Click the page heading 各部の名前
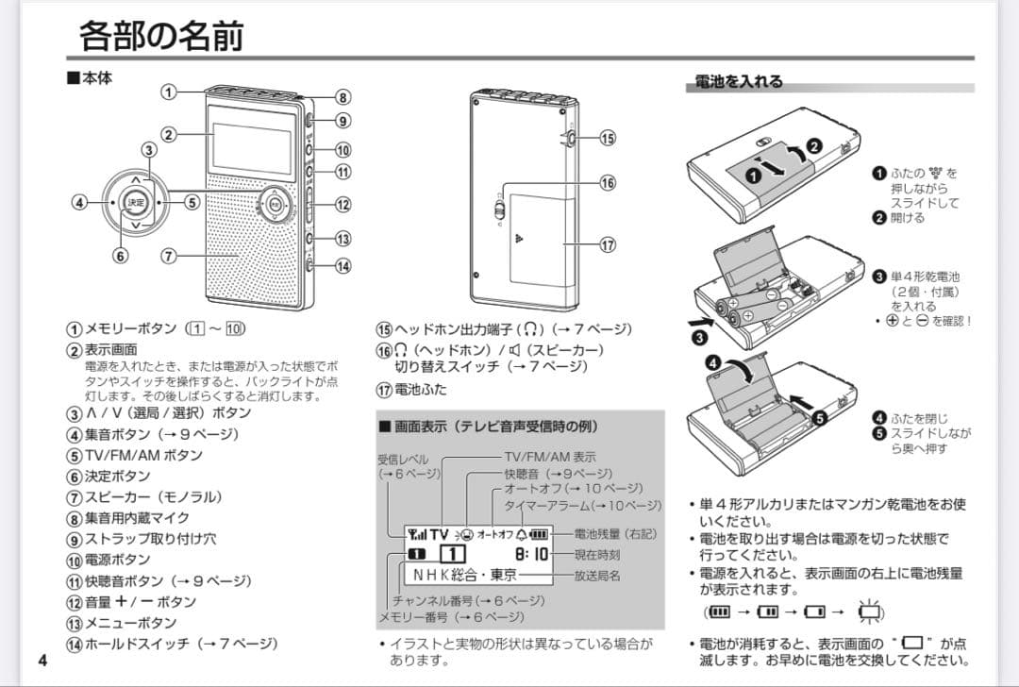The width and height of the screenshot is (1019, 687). coord(161,36)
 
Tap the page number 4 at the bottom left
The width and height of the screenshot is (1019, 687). coord(42,659)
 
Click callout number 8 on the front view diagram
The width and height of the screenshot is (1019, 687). coord(343,97)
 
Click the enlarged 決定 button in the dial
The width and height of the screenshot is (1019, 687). coord(136,202)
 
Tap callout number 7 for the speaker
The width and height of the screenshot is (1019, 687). coord(169,256)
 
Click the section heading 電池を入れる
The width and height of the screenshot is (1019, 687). coord(739,82)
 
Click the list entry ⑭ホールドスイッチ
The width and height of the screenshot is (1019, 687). coord(171,644)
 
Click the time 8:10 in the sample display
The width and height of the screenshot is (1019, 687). coord(531,553)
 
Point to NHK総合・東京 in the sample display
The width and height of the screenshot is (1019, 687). coord(465,575)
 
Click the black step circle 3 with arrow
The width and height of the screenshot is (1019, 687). coord(699,337)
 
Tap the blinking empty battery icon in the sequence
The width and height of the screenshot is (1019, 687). coord(869,612)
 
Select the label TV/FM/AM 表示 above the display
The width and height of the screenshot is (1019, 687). coord(549,457)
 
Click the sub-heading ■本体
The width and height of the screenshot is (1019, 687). coord(89,78)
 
